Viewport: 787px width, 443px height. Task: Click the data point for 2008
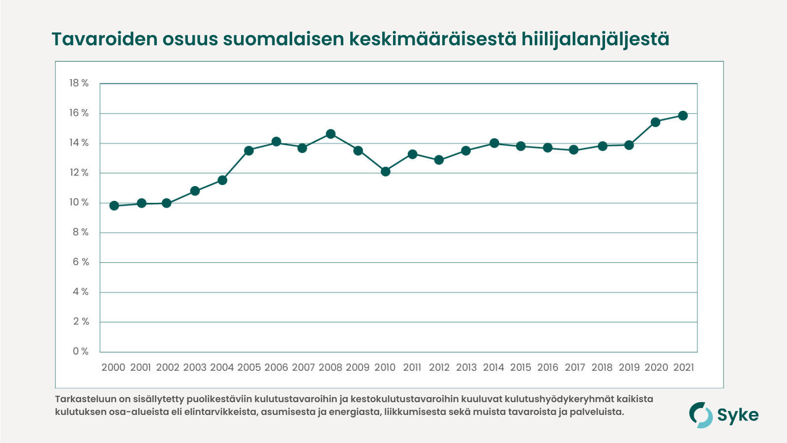(331, 134)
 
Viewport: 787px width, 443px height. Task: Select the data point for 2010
(386, 171)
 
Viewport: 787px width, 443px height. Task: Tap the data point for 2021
(683, 116)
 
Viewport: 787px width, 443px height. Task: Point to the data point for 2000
(114, 205)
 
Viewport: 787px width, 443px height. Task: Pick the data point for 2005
(249, 151)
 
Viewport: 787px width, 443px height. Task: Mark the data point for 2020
(655, 122)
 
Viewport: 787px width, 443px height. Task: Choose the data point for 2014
(494, 143)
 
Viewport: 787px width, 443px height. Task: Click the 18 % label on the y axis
(79, 83)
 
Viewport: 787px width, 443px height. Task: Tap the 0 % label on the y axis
(81, 351)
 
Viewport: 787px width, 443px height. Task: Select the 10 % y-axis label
(79, 202)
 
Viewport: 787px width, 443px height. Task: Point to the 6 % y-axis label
(81, 262)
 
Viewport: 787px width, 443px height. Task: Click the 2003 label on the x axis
(195, 368)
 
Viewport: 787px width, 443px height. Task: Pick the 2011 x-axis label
(412, 368)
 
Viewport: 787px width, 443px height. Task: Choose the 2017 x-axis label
(575, 368)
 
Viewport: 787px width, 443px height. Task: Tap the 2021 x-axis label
(683, 368)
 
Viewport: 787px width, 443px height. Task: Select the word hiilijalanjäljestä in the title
(595, 39)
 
